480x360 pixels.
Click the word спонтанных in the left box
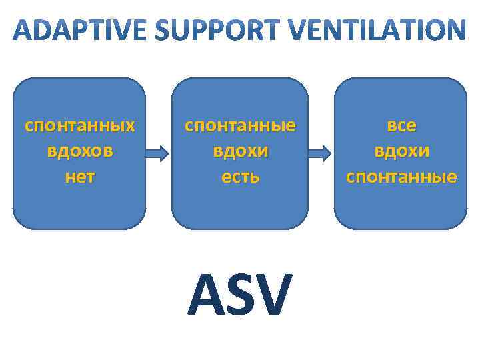79,125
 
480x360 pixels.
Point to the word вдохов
79,151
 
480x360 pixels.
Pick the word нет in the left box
79,177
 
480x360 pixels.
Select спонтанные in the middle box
240,125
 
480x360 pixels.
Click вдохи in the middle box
240,151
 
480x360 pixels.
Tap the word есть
240,177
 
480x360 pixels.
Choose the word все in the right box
401,125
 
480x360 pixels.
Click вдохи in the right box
401,151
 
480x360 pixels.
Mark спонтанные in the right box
401,177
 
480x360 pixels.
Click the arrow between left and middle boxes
158,154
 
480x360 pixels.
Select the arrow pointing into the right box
319,154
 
